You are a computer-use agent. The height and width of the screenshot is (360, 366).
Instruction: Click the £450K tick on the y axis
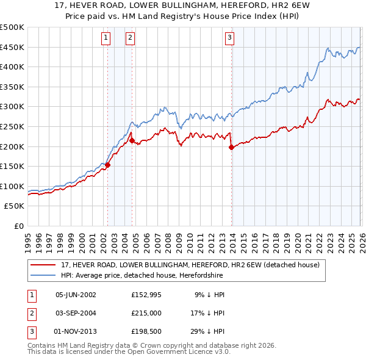(13, 47)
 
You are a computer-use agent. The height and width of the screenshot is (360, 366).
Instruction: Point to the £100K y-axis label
(13, 186)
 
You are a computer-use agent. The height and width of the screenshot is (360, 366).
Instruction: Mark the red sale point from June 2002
(108, 165)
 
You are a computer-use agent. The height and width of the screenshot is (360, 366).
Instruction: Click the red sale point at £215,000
(132, 140)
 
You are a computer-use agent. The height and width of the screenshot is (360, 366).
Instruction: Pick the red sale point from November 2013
(231, 147)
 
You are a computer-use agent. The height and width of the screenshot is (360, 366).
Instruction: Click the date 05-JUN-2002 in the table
(76, 295)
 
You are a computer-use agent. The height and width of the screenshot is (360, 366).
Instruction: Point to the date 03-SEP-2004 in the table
(76, 313)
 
